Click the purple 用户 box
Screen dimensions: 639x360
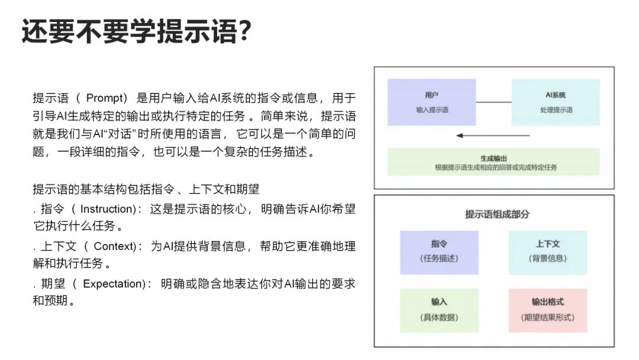point(431,102)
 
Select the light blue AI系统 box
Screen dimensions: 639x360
point(555,102)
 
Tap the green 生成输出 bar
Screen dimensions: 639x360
point(493,162)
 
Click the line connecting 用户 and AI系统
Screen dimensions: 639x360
point(493,102)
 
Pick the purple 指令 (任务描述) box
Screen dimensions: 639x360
point(439,252)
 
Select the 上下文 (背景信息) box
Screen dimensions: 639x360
point(547,252)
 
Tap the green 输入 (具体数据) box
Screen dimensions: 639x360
point(439,310)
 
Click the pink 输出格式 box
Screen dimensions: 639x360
point(547,310)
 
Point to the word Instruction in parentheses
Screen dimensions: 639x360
point(106,209)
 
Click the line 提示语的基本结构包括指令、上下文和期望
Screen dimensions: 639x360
point(146,190)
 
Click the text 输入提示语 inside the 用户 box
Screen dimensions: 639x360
point(431,110)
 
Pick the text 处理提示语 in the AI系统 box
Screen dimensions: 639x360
point(556,110)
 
